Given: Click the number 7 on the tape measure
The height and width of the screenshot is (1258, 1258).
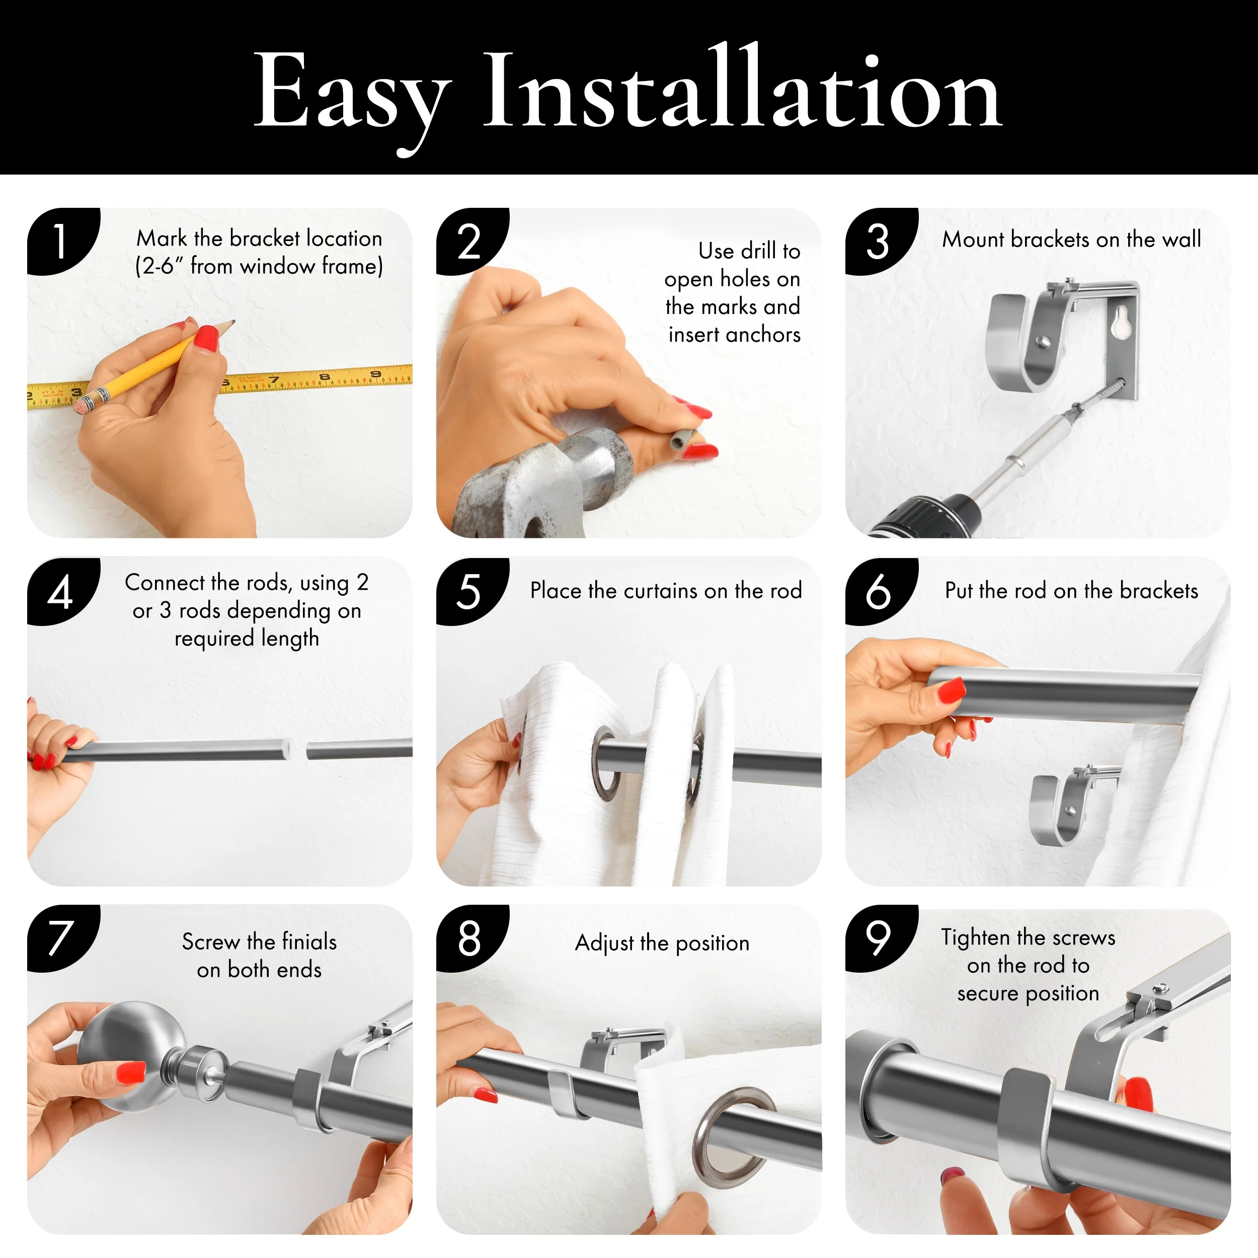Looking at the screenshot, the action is point(274,379).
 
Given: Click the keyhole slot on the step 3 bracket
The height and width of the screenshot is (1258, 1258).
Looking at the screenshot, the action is point(1121,323).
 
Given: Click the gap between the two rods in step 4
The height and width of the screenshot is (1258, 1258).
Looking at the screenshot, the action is point(298,749).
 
